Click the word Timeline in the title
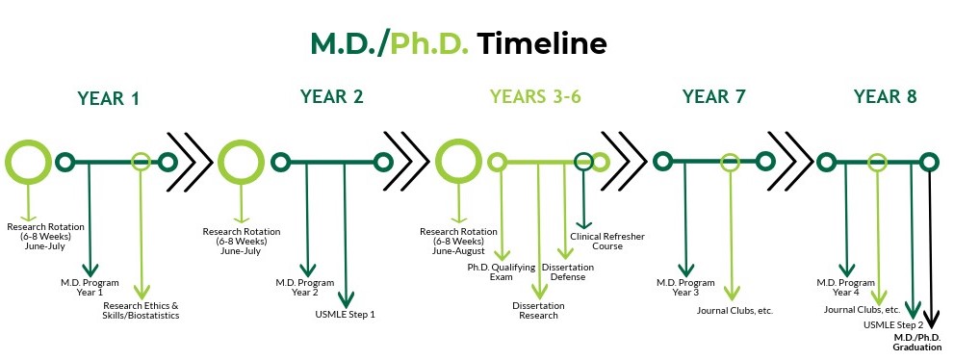pyautogui.click(x=541, y=43)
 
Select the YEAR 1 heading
pyautogui.click(x=108, y=98)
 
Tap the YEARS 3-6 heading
pyautogui.click(x=535, y=96)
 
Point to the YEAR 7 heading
pyautogui.click(x=713, y=96)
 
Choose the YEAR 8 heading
pyautogui.click(x=885, y=96)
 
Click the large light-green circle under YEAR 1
pyautogui.click(x=29, y=162)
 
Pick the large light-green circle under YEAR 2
pyautogui.click(x=241, y=162)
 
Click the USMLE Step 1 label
pyautogui.click(x=345, y=315)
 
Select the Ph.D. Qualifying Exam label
pyautogui.click(x=502, y=271)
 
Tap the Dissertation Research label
pyautogui.click(x=538, y=310)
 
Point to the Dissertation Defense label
pyautogui.click(x=568, y=271)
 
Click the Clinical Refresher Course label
pyautogui.click(x=607, y=241)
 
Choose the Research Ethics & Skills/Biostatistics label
pyautogui.click(x=142, y=310)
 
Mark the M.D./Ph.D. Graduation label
pyautogui.click(x=917, y=342)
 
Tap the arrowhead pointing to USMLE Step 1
pyautogui.click(x=346, y=299)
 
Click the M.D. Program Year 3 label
pyautogui.click(x=685, y=287)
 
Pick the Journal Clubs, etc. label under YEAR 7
pyautogui.click(x=735, y=311)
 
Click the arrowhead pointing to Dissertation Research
pyautogui.click(x=538, y=293)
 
